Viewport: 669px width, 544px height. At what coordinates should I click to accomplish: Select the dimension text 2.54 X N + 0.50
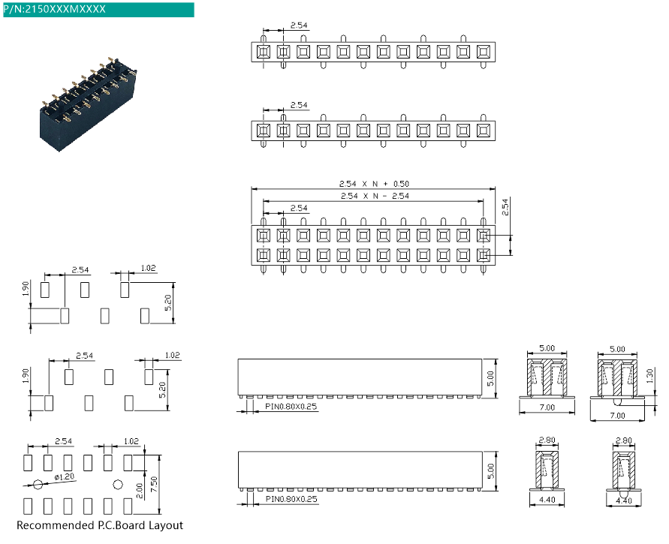[x=375, y=184]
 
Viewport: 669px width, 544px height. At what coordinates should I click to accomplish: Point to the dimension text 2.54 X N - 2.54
[x=375, y=196]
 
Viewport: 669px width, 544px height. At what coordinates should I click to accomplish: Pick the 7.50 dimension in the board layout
[x=154, y=483]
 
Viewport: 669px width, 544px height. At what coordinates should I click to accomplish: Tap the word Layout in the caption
[x=167, y=525]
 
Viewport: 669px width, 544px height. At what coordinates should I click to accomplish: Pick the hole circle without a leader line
[x=117, y=483]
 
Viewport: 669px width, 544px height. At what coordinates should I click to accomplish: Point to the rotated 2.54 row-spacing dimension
[x=505, y=206]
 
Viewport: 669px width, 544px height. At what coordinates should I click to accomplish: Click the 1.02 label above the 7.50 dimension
[x=131, y=441]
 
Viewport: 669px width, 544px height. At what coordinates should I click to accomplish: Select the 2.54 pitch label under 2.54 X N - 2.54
[x=298, y=208]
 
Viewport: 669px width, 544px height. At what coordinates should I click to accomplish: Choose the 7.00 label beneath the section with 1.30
[x=617, y=415]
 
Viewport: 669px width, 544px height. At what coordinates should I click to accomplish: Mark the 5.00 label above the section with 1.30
[x=617, y=349]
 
